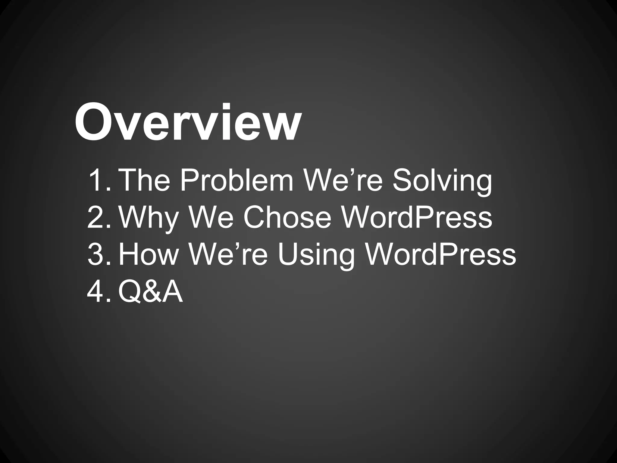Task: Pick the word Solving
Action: (442, 182)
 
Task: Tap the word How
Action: (149, 255)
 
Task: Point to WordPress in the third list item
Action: (440, 255)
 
